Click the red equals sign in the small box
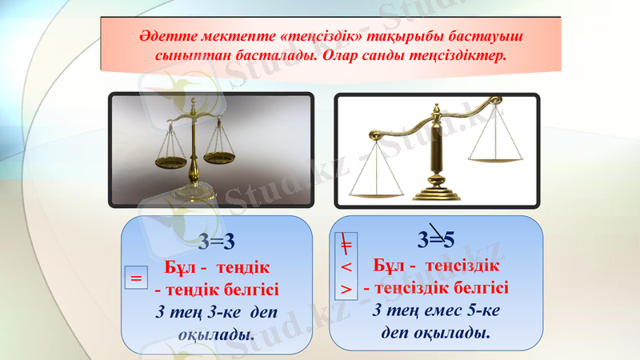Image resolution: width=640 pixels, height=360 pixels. pyautogui.click(x=136, y=279)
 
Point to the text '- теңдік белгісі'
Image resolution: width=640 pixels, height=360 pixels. pyautogui.click(x=217, y=289)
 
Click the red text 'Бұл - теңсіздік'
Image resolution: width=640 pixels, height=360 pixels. pyautogui.click(x=438, y=265)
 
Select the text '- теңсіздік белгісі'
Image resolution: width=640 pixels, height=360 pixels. pyautogui.click(x=436, y=287)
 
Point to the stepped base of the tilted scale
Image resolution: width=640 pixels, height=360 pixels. pyautogui.click(x=436, y=193)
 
